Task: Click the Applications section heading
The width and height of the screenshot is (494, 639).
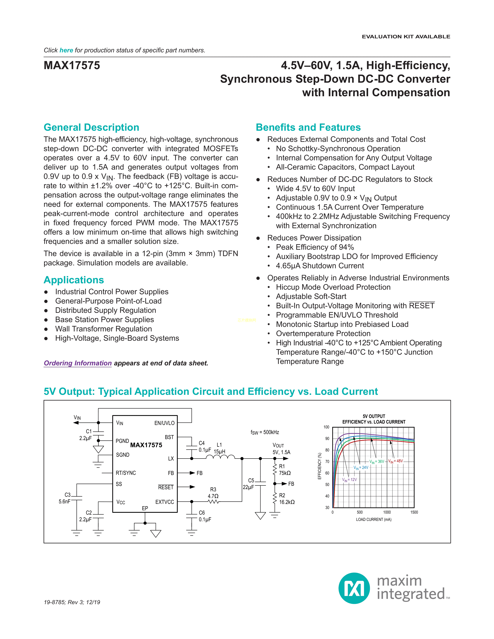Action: pyautogui.click(x=74, y=280)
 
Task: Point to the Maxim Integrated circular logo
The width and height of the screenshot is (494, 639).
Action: pyautogui.click(x=354, y=588)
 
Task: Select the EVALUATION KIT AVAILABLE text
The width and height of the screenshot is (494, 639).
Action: pyautogui.click(x=406, y=37)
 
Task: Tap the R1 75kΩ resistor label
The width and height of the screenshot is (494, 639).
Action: pyautogui.click(x=284, y=470)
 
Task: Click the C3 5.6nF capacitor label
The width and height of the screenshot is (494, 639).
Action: pyautogui.click(x=65, y=498)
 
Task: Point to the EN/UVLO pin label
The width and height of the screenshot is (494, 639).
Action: pyautogui.click(x=164, y=423)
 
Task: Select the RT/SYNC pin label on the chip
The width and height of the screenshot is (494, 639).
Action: pyautogui.click(x=126, y=473)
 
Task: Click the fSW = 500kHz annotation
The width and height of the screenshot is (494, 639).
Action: pyautogui.click(x=265, y=432)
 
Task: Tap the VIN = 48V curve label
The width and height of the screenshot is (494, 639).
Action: pyautogui.click(x=395, y=461)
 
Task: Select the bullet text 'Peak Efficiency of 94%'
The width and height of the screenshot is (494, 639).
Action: pyautogui.click(x=315, y=247)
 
